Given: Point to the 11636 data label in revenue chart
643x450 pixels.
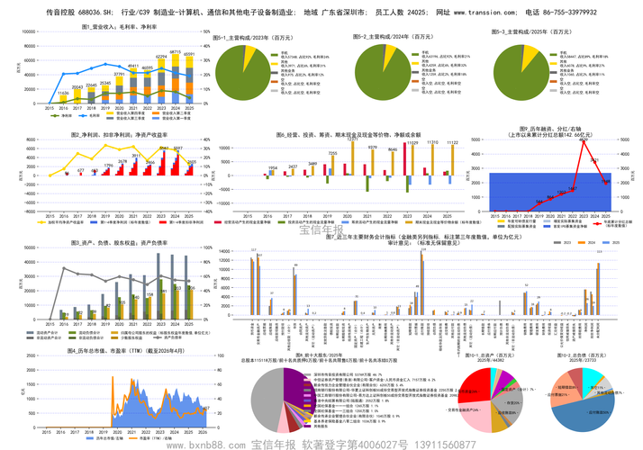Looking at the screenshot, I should click(63, 93).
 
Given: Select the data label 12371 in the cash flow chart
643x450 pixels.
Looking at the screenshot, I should click(353, 139).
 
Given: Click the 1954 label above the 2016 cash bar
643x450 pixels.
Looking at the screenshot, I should click(272, 167).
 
